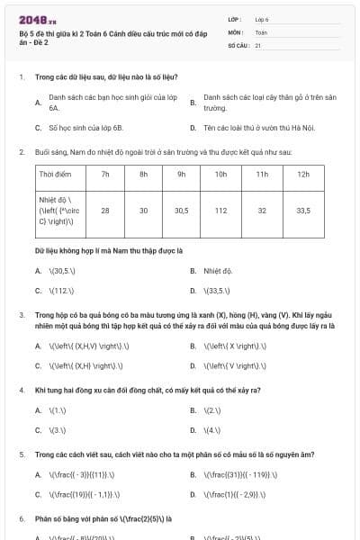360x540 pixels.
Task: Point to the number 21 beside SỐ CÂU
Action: coord(258,44)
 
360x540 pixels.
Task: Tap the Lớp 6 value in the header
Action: coord(262,18)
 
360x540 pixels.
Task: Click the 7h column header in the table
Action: coord(105,174)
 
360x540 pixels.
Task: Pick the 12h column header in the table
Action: coord(302,174)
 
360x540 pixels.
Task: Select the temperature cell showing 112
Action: coord(220,210)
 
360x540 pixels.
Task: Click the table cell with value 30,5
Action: coord(181,210)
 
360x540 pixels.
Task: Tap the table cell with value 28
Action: coord(105,210)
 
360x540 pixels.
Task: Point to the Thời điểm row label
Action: coord(56,174)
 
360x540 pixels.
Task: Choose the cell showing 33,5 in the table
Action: coord(302,210)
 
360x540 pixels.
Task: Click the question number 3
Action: coord(21,315)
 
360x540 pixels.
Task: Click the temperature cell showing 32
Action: coord(262,210)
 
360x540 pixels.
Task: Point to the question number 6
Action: coord(21,519)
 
